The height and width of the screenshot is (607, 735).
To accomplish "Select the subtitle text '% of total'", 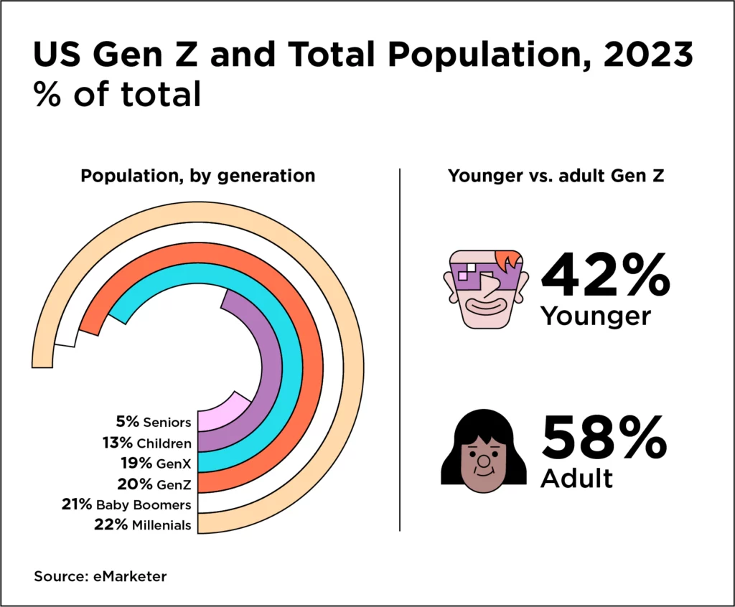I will (117, 95).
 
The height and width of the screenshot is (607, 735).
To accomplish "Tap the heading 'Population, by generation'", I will (197, 176).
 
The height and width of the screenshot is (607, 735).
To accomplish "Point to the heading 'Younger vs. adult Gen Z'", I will (556, 176).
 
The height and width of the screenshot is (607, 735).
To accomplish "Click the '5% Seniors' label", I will (154, 422).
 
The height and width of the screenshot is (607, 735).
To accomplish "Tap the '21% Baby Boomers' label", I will (127, 504).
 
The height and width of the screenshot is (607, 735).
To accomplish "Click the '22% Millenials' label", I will (143, 525).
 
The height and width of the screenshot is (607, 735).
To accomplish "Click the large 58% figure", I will (604, 439).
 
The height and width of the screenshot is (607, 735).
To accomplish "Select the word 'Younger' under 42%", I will (596, 316).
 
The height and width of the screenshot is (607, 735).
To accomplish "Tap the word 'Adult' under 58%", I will (577, 478).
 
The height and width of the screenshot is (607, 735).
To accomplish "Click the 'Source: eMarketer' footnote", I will (100, 576).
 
